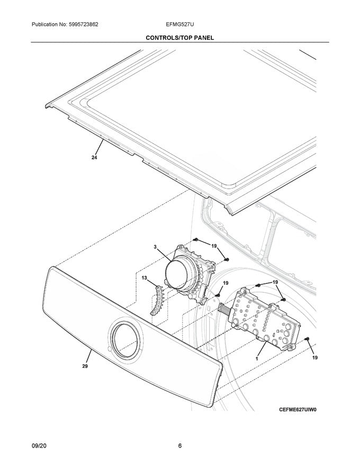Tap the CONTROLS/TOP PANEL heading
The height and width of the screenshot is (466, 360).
(x=180, y=38)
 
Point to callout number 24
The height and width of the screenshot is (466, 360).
(x=94, y=157)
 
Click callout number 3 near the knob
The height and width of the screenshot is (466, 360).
(x=156, y=247)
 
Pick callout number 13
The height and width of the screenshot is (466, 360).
(x=144, y=277)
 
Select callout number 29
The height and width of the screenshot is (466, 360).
(x=85, y=366)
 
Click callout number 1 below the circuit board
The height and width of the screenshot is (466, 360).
(x=257, y=359)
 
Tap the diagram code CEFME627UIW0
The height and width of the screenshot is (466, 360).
(x=301, y=410)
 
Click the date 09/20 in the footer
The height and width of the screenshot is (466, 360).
(x=39, y=446)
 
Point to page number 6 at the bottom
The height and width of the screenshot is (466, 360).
(x=180, y=446)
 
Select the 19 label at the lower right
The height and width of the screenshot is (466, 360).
(x=315, y=359)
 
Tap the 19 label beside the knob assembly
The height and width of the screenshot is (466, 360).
(x=214, y=246)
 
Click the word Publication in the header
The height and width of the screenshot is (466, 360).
(x=47, y=25)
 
